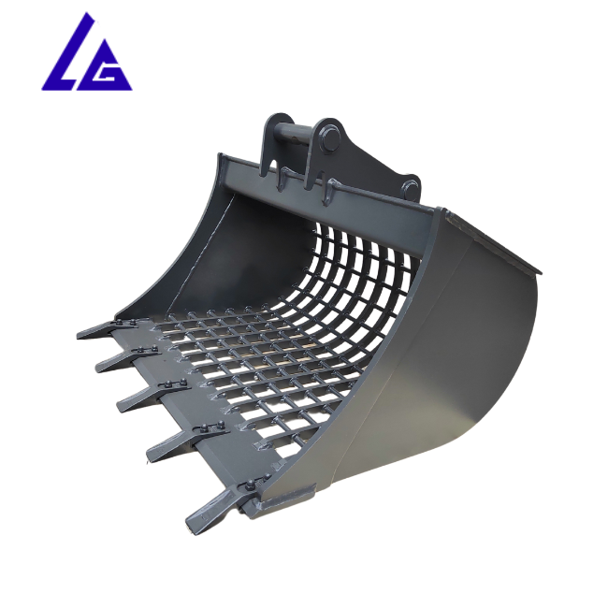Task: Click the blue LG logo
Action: click(x=86, y=54)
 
